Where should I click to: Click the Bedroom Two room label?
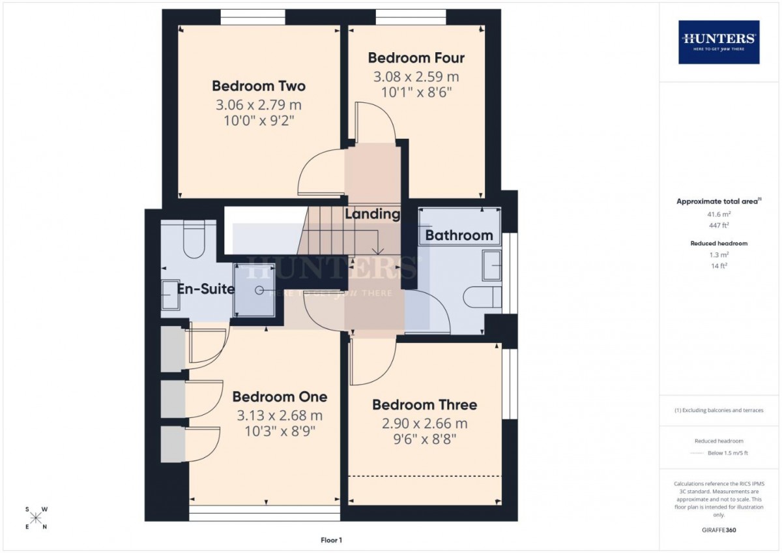click(259, 86)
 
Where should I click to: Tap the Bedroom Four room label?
click(416, 58)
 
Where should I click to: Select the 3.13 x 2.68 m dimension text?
click(280, 415)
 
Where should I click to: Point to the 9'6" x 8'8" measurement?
click(424, 439)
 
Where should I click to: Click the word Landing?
click(373, 214)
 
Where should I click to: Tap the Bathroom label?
click(459, 235)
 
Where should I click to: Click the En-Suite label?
click(206, 289)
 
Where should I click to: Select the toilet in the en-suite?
click(194, 239)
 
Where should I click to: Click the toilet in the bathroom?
click(482, 297)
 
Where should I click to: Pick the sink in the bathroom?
click(491, 265)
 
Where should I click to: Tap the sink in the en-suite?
click(171, 295)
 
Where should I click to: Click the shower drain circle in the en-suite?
click(259, 290)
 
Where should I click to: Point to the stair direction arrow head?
click(378, 251)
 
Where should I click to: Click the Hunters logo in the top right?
click(719, 42)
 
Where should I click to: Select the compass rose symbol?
click(36, 518)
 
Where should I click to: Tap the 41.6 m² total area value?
click(719, 214)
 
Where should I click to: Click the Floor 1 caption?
click(331, 540)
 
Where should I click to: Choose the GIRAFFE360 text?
click(719, 530)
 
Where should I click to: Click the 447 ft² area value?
click(719, 226)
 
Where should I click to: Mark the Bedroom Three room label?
click(424, 405)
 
